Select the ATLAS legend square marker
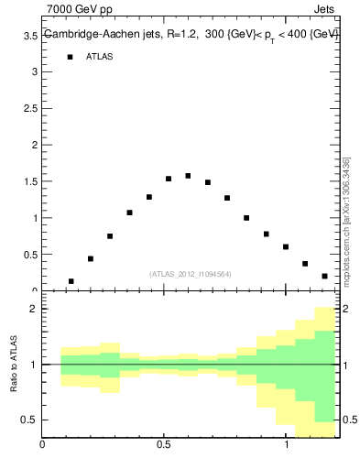(70, 57)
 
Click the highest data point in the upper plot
(188, 176)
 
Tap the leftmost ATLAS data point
(71, 281)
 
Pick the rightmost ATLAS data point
(324, 276)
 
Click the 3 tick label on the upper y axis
(34, 71)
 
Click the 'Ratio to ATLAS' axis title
(15, 364)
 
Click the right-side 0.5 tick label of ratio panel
(352, 420)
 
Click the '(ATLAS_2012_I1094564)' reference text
(191, 273)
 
